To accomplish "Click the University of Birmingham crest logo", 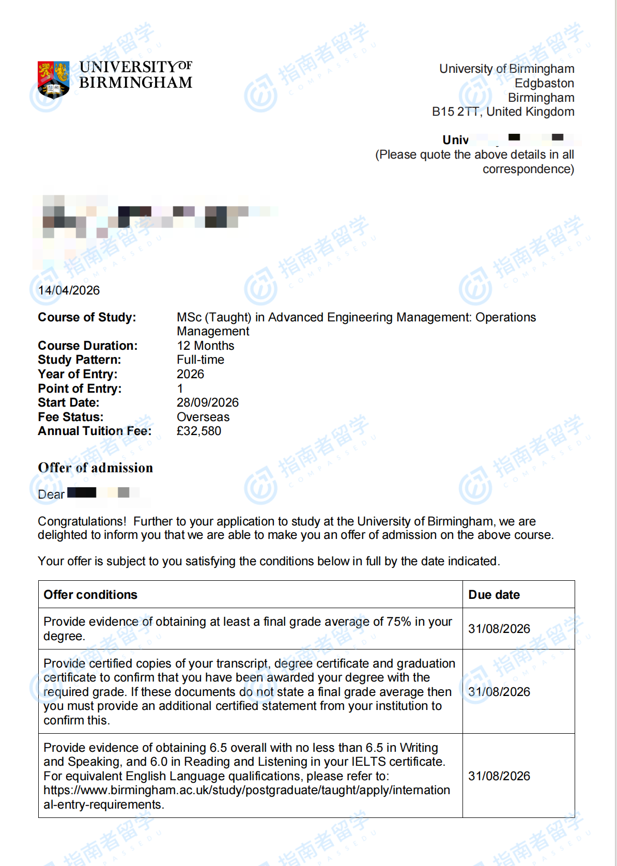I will coord(53,79).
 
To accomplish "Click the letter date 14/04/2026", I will coord(69,290).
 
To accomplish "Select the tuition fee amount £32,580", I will coord(199,431).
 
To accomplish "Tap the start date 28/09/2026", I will coord(208,403).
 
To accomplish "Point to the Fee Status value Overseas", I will coord(203,417).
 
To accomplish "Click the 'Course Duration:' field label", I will coord(88,346).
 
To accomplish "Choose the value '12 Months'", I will coord(206,346).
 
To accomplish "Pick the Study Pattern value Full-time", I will coord(200,360).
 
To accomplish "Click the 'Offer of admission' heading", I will coord(96,468).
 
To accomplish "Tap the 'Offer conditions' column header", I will coord(90,595).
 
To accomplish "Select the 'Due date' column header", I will coord(494,595).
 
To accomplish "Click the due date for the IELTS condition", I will coord(499,776).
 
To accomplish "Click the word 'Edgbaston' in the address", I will coord(544,83).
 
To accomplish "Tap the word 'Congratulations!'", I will coord(82,521).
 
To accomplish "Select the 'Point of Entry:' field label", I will coord(80,389).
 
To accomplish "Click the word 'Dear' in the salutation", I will coord(51,494).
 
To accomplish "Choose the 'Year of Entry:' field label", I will coord(78,374).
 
